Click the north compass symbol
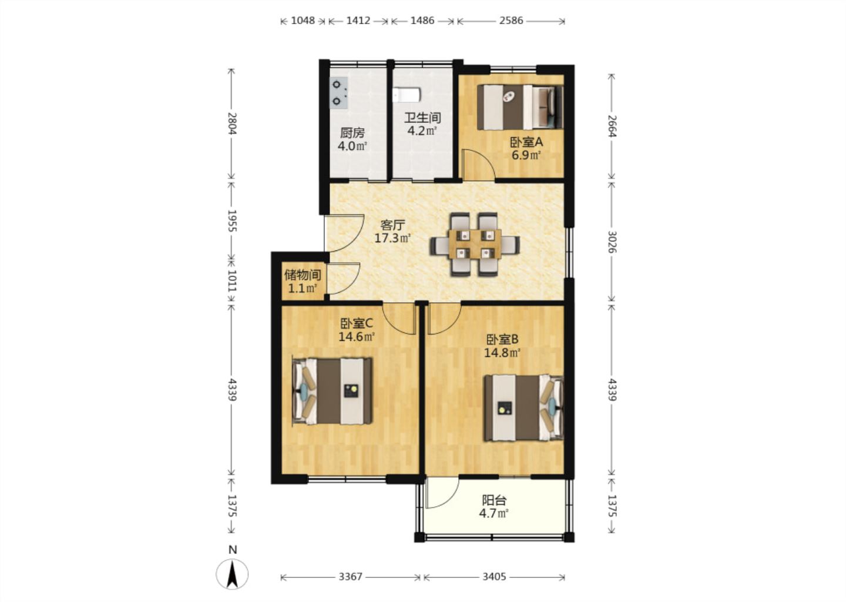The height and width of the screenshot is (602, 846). point(233,573)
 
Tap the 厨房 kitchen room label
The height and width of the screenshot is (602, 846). point(352,133)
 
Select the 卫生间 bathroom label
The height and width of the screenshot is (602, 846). point(422,118)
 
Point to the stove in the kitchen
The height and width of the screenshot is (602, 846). point(338,92)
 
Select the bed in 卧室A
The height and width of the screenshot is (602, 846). point(519,107)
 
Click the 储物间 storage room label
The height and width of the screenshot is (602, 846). point(303,275)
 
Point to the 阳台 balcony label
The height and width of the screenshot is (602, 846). point(493,500)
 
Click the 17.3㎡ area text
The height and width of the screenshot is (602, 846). point(392,238)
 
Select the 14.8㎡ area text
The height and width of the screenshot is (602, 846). point(502,353)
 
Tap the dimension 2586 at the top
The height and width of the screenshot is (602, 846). point(511,21)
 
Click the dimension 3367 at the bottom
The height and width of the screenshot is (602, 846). point(350,577)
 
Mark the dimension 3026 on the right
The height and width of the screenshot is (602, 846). point(612,242)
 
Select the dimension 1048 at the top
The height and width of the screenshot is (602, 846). point(303,21)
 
